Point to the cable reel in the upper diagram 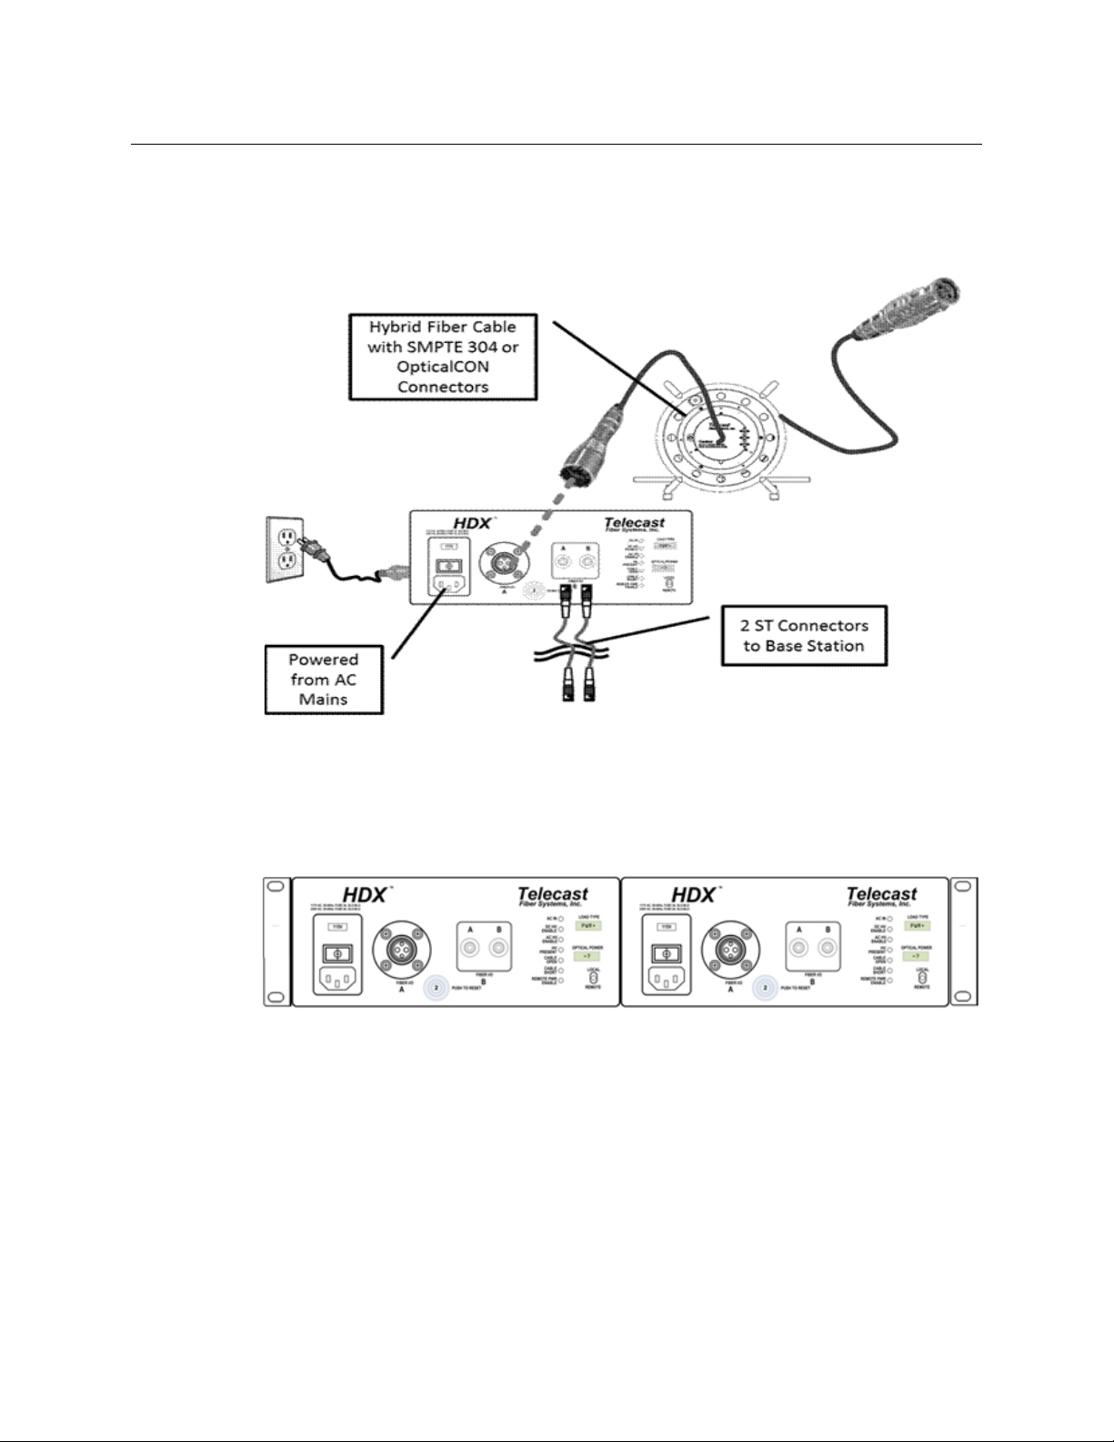[x=719, y=436]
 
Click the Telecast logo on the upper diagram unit [x=634, y=524]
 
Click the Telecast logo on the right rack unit [x=880, y=896]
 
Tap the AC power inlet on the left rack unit [x=337, y=980]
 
